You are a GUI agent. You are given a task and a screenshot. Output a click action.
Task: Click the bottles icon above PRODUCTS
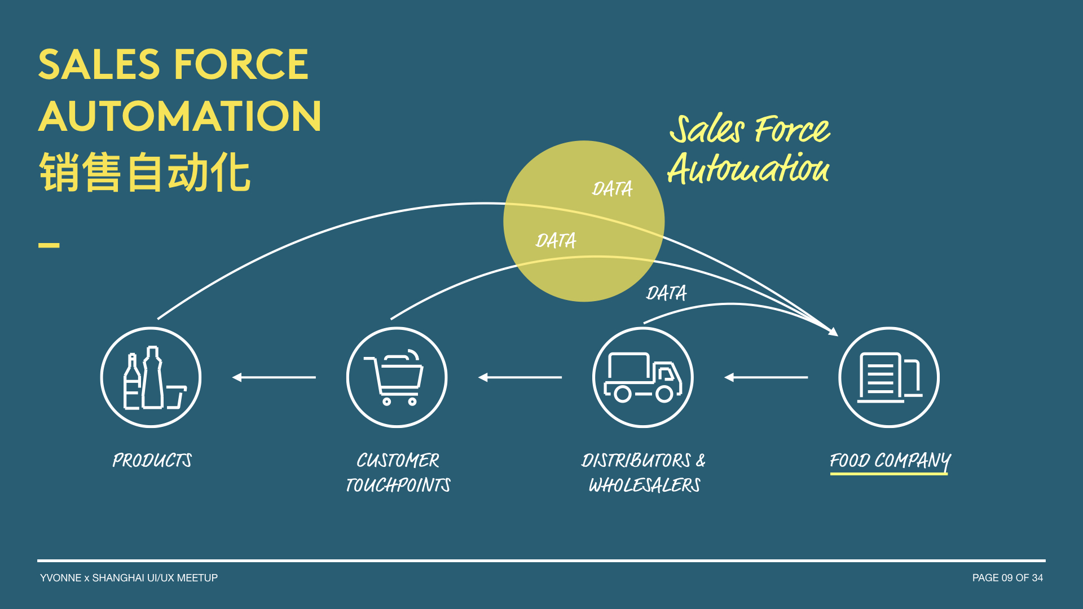point(151,377)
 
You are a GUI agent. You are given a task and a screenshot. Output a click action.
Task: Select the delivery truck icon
point(643,377)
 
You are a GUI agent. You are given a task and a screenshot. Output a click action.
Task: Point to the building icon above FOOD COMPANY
point(889,377)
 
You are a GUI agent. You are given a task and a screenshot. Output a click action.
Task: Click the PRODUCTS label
point(152,461)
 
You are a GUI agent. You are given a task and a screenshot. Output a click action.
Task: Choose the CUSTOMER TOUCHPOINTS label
point(398,473)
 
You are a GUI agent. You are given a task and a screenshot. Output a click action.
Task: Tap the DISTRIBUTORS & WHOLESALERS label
point(644,473)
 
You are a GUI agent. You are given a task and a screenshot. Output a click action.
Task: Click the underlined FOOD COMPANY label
point(890,461)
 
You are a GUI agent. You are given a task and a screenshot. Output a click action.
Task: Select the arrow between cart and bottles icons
point(274,377)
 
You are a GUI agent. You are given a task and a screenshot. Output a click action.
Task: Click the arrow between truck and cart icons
point(520,377)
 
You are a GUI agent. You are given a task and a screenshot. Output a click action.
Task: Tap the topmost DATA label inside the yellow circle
point(612,189)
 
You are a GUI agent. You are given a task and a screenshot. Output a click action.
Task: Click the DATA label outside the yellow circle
point(666,293)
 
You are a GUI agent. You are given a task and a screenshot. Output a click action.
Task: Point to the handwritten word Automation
point(749,169)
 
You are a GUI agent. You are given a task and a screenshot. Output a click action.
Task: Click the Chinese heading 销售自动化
point(144,173)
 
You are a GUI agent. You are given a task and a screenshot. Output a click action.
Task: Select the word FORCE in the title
point(241,64)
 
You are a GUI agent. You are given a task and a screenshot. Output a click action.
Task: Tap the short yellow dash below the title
point(49,245)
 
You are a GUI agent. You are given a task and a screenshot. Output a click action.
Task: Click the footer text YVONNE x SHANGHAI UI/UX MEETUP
point(129,578)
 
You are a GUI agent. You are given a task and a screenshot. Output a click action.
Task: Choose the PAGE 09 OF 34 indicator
point(1007,578)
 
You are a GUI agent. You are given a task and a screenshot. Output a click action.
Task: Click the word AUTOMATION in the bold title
point(180,117)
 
